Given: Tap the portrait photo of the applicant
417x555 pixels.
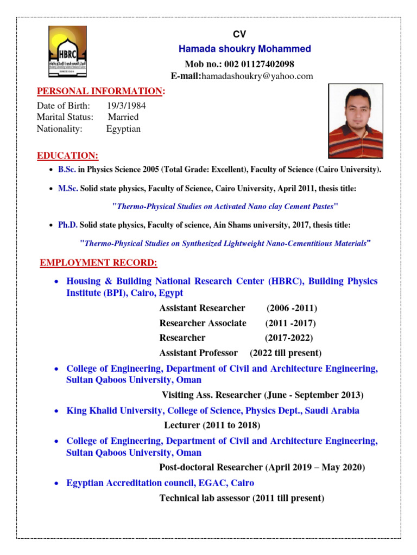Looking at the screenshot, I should click(356, 121).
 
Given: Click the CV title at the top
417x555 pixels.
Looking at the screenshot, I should click(239, 34).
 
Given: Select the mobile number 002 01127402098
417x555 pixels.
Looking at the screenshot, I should click(263, 64).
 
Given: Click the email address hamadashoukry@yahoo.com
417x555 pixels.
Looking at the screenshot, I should click(257, 76).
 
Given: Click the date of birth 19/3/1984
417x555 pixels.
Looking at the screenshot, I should click(126, 105).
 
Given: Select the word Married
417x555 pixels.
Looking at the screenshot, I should click(123, 117).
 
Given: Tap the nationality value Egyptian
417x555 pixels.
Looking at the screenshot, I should click(123, 129).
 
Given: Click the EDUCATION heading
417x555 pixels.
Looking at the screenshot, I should click(68, 156).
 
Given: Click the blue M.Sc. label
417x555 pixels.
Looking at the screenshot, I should click(68, 188).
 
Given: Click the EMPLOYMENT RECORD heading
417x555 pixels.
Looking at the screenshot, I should click(99, 263).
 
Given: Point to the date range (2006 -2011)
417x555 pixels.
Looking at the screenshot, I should click(292, 308).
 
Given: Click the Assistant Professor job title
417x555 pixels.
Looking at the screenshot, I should click(198, 353).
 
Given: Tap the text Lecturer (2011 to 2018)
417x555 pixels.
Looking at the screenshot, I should click(212, 424).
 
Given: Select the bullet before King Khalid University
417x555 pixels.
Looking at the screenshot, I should click(57, 411).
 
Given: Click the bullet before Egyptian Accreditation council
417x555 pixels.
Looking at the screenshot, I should click(57, 483).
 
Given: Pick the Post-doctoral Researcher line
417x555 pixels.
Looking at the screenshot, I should click(262, 467).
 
